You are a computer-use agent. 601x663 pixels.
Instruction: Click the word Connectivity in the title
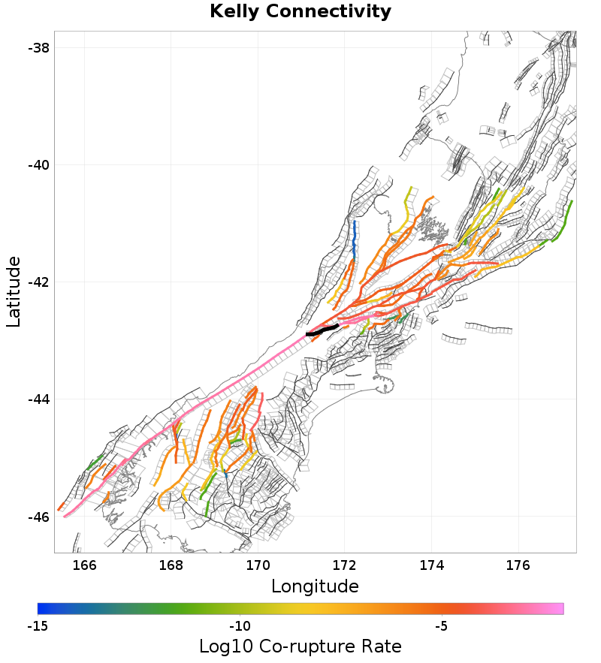pyautogui.click(x=328, y=12)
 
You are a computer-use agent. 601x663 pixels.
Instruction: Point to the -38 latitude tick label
pyautogui.click(x=38, y=47)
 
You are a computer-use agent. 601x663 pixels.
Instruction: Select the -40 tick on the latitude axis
pyautogui.click(x=38, y=164)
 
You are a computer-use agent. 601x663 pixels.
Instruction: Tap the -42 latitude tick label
pyautogui.click(x=38, y=282)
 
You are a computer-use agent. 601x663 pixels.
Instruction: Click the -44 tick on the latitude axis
pyautogui.click(x=38, y=399)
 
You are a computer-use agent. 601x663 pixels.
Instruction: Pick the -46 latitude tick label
pyautogui.click(x=38, y=517)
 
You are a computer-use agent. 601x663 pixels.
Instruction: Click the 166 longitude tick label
pyautogui.click(x=84, y=564)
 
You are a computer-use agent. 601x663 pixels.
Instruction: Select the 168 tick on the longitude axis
pyautogui.click(x=171, y=564)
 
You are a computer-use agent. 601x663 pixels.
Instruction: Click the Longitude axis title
pyautogui.click(x=315, y=586)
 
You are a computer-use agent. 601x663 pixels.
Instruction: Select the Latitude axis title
pyautogui.click(x=14, y=291)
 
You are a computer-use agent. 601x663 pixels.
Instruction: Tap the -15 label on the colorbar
pyautogui.click(x=38, y=625)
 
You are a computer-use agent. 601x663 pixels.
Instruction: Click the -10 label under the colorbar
pyautogui.click(x=239, y=625)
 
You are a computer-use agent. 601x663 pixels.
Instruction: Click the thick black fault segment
pyautogui.click(x=323, y=330)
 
